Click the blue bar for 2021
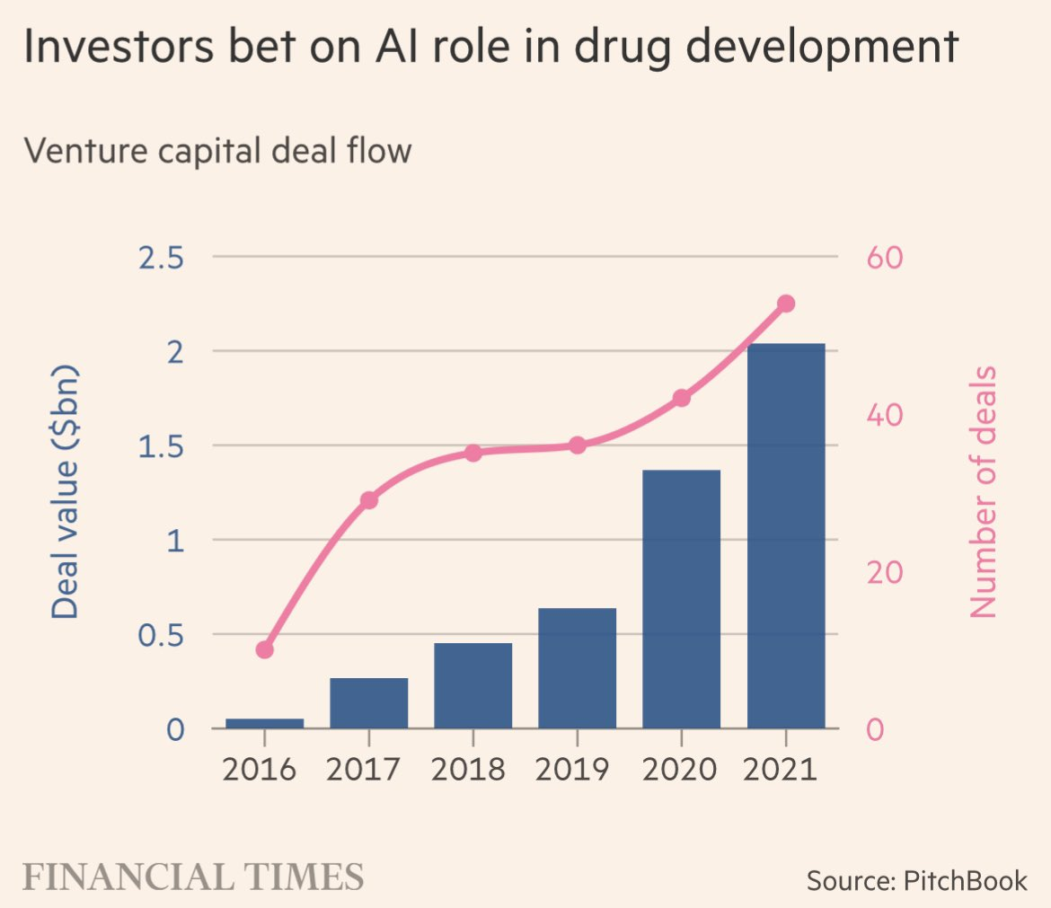click(x=785, y=535)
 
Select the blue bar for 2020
click(x=681, y=599)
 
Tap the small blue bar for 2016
click(x=265, y=723)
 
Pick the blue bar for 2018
click(x=473, y=685)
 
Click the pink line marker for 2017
click(x=368, y=500)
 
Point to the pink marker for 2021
click(x=785, y=304)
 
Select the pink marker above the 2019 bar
click(x=577, y=445)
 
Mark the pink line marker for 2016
click(x=265, y=649)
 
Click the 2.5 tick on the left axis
click(x=163, y=258)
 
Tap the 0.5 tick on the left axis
click(x=163, y=635)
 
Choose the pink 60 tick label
click(x=884, y=258)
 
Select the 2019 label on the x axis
click(x=577, y=770)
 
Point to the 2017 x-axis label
click(x=368, y=770)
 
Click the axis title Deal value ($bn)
click(x=65, y=492)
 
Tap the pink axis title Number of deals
click(x=985, y=492)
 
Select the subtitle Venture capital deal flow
click(x=216, y=150)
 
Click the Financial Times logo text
click(x=192, y=876)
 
